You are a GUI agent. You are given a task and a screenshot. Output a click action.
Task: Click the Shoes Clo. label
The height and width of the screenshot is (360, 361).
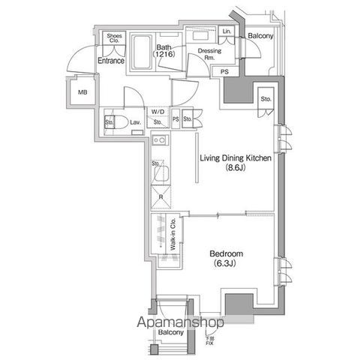[x=115, y=38]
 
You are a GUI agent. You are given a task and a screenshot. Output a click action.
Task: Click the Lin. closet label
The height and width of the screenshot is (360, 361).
[x=227, y=31]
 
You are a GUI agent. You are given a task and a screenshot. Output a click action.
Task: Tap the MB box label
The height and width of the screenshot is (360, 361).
[x=83, y=92]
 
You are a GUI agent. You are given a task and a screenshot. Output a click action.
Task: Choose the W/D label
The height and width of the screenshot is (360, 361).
[x=158, y=112]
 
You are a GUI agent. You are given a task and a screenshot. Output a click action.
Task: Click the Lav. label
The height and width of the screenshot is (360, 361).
[x=136, y=121]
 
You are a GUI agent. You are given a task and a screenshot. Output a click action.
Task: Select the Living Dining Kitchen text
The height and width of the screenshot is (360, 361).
[x=235, y=157]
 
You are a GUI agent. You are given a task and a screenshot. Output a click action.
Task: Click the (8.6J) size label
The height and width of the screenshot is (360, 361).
[x=235, y=169]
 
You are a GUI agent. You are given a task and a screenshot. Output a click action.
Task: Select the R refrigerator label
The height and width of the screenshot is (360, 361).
[x=161, y=198]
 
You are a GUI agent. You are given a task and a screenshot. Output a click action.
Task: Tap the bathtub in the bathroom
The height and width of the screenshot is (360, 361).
[x=143, y=52]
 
